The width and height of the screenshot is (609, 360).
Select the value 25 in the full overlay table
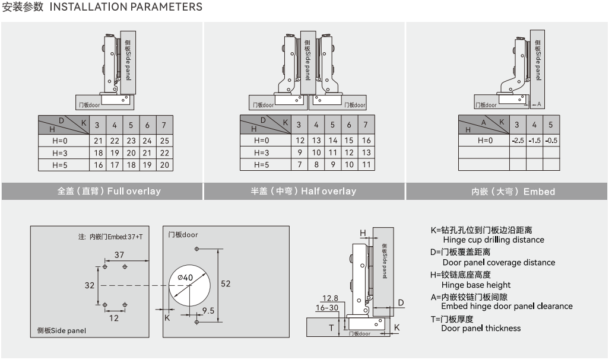(164, 141)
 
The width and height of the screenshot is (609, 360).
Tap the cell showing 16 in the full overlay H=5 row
(98, 165)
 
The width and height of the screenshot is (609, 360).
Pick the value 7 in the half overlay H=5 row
(300, 164)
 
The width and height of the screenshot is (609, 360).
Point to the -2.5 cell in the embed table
(518, 141)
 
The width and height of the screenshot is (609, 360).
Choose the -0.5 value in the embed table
(551, 141)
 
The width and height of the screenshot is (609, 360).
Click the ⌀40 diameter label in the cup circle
(185, 278)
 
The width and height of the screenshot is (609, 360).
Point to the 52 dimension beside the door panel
(226, 283)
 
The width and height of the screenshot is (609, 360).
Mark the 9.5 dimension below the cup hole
(208, 310)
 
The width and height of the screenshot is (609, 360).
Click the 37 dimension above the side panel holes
(119, 254)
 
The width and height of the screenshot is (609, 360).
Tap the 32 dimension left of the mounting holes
(90, 285)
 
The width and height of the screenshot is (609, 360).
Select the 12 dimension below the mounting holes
(114, 318)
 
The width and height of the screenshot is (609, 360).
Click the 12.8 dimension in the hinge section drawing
(330, 298)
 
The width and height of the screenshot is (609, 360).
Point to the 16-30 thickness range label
(327, 308)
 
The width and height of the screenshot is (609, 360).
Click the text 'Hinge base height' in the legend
(477, 285)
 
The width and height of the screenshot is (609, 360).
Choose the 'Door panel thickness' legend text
(481, 329)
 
